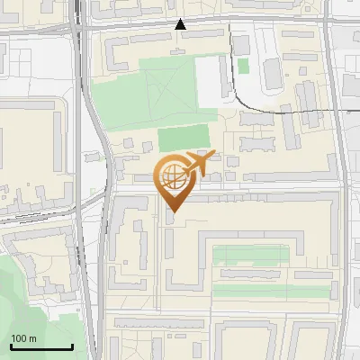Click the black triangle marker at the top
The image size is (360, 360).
(x=181, y=24)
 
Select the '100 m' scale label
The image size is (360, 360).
(x=23, y=338)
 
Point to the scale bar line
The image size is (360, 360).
(x=41, y=347)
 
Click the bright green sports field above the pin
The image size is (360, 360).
(x=184, y=139)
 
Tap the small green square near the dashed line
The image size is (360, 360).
(x=243, y=66)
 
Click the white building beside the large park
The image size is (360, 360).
(x=212, y=77)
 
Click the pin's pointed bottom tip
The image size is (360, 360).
(x=173, y=211)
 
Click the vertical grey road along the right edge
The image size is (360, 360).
(x=346, y=180)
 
